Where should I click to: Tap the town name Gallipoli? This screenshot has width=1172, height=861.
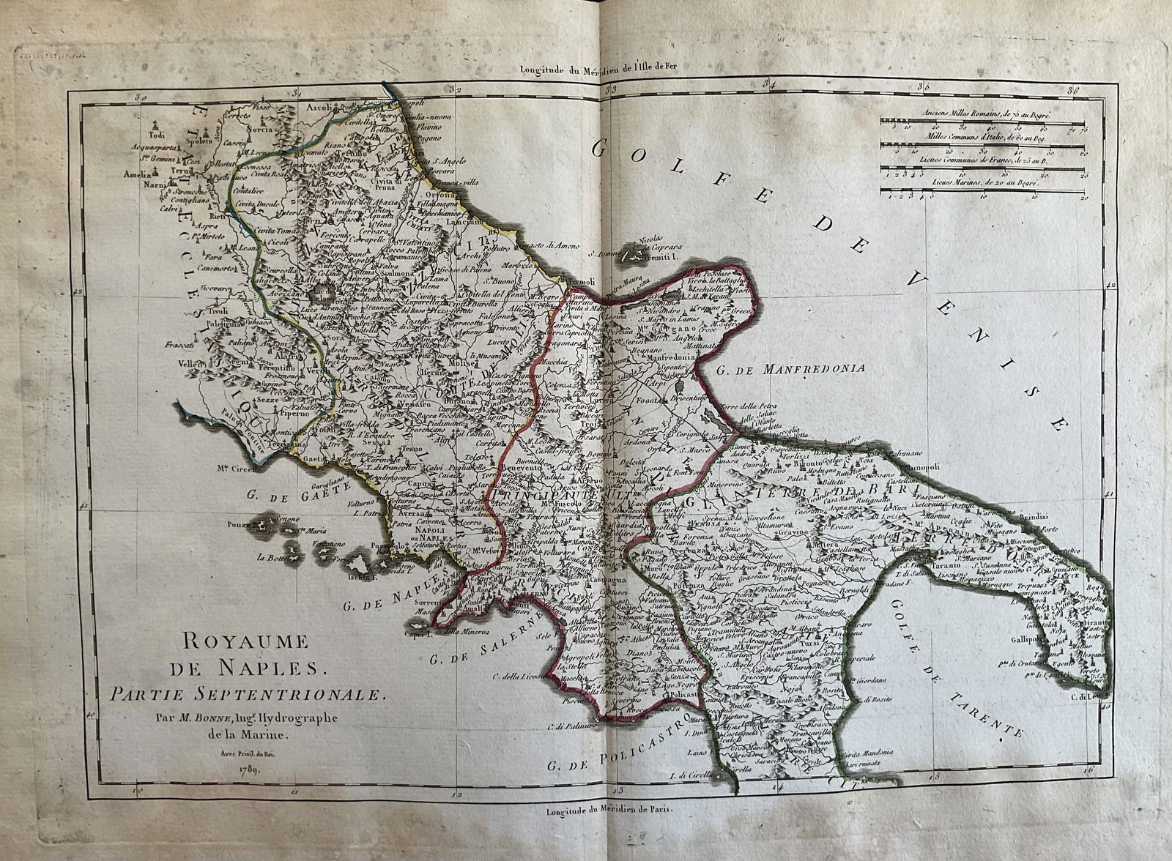pyautogui.click(x=1028, y=639)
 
